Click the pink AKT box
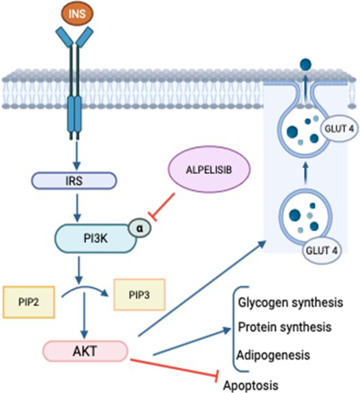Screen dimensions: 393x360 [85, 351]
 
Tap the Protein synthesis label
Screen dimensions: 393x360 [284, 327]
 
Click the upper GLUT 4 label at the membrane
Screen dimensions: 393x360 [335, 126]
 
